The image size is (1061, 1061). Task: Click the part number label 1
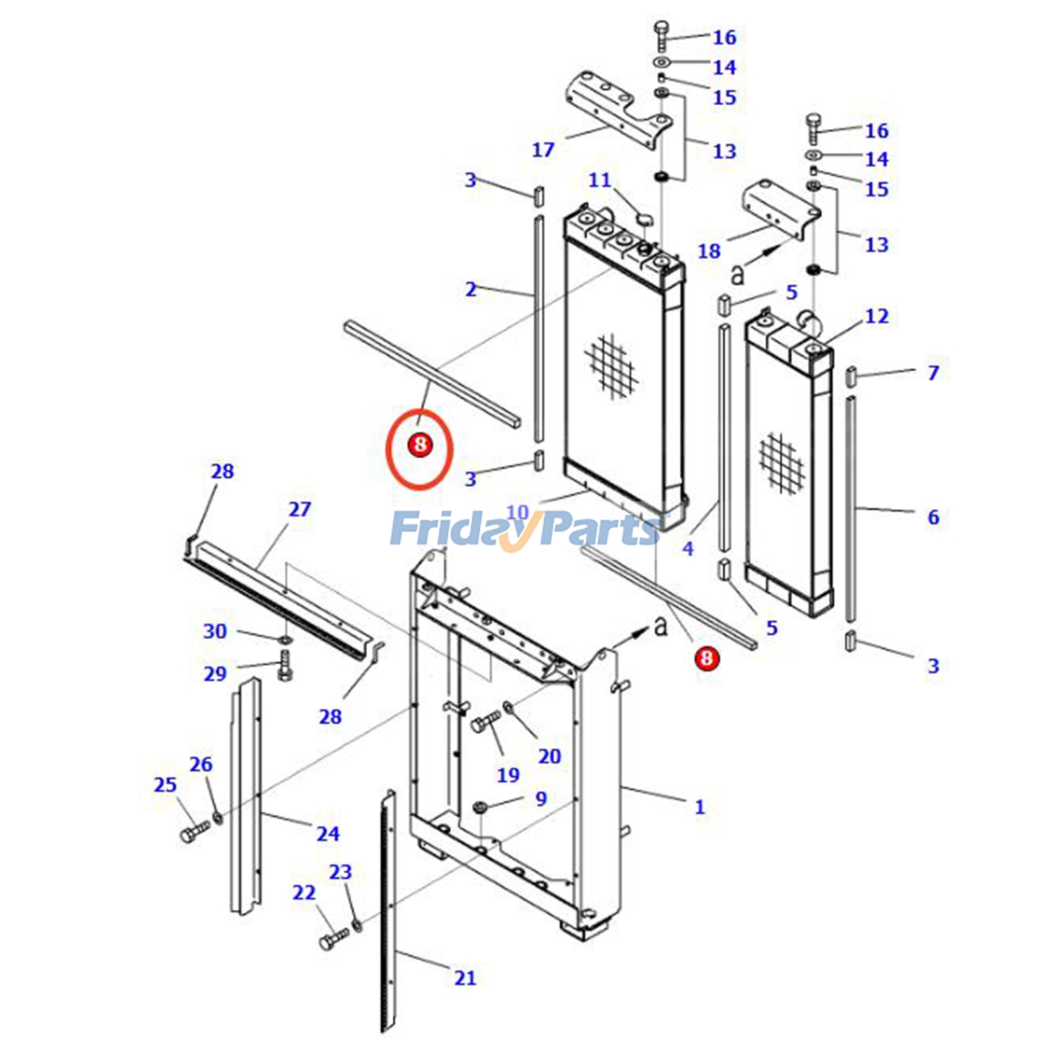click(x=700, y=807)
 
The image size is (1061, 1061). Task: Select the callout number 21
click(x=465, y=978)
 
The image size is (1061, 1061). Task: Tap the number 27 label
click(x=300, y=509)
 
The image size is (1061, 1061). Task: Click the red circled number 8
click(x=420, y=444)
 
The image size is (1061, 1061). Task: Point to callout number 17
click(x=542, y=150)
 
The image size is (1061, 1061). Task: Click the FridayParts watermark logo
click(x=524, y=529)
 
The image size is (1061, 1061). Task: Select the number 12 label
click(x=877, y=316)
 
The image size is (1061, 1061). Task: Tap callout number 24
click(x=328, y=834)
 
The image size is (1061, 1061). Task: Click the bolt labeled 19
click(x=487, y=721)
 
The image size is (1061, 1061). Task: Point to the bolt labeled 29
click(x=286, y=663)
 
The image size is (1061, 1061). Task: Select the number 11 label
click(x=599, y=180)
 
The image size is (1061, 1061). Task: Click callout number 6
click(x=933, y=517)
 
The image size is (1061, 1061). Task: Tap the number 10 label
click(x=517, y=513)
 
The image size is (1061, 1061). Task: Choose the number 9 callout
click(x=541, y=799)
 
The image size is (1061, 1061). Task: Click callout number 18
click(x=708, y=251)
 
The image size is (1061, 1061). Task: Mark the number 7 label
click(x=933, y=373)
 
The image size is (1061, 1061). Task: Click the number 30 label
click(x=215, y=631)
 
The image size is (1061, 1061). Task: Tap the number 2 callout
click(x=471, y=289)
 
